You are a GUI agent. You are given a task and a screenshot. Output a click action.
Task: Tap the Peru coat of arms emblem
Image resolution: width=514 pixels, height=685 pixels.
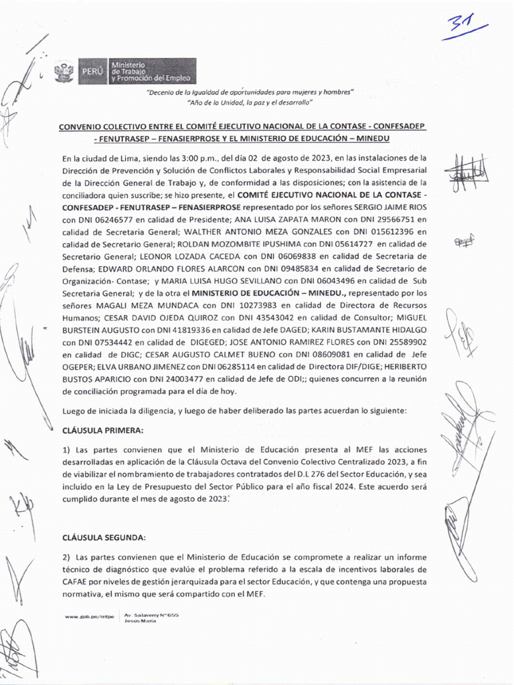point(64,72)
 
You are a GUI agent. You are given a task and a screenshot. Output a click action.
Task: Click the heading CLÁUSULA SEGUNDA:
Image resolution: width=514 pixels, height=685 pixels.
point(104,538)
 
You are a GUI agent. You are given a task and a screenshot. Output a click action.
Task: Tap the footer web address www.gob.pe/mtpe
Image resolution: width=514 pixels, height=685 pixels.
point(89,615)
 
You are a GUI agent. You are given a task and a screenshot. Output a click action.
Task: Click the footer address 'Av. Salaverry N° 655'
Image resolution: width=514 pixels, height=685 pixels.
point(151,613)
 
